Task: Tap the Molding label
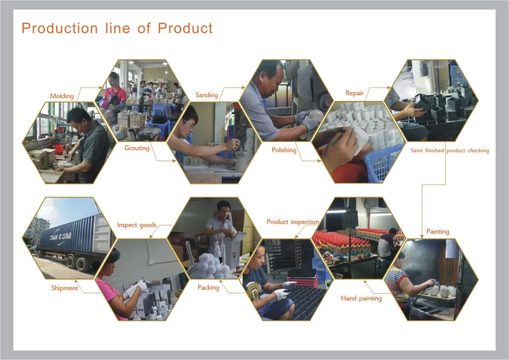[62, 96]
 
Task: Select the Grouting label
[137, 148]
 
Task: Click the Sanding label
[206, 95]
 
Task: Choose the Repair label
[355, 93]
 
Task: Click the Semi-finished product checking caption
[450, 150]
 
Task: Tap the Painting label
[438, 231]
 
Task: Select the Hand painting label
[361, 298]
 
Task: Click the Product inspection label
[292, 222]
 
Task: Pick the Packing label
[208, 288]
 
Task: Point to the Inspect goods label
[137, 225]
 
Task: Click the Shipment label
[64, 288]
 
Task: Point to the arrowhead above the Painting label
[422, 235]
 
